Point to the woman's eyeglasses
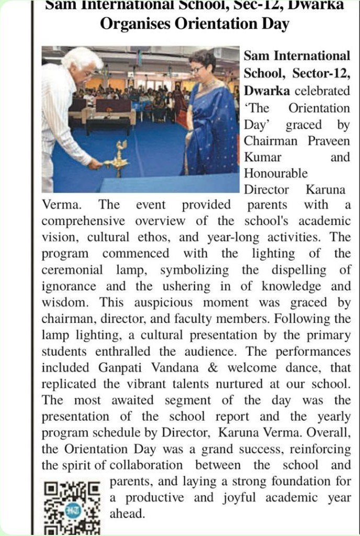tap(197, 69)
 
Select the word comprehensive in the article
tap(83, 220)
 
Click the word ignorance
tap(69, 286)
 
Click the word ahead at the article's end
tap(126, 513)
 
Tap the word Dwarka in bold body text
tap(266, 91)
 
